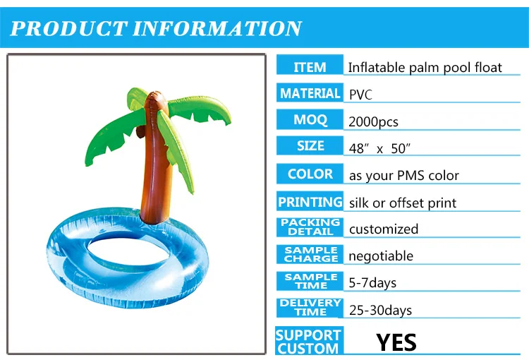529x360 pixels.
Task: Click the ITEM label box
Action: pyautogui.click(x=310, y=66)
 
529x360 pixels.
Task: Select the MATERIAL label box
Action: pyautogui.click(x=310, y=93)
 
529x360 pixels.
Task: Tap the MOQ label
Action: pyautogui.click(x=310, y=120)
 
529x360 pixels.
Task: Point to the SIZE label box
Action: pyautogui.click(x=310, y=146)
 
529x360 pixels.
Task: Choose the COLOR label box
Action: pyautogui.click(x=310, y=174)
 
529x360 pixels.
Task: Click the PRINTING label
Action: pyautogui.click(x=310, y=202)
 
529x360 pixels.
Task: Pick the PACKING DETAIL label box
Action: pyautogui.click(x=310, y=227)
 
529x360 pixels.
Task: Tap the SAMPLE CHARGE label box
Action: pyautogui.click(x=310, y=254)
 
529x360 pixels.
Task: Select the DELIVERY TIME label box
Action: pyautogui.click(x=310, y=308)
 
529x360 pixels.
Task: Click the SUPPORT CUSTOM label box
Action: pyautogui.click(x=308, y=341)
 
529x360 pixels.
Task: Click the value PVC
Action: pyautogui.click(x=362, y=94)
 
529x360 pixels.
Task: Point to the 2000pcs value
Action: pyautogui.click(x=373, y=121)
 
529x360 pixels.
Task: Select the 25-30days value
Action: pyautogui.click(x=380, y=309)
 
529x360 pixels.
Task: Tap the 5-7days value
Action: pyautogui.click(x=372, y=282)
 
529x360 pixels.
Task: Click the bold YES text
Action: pyautogui.click(x=396, y=342)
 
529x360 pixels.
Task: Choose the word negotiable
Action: pyautogui.click(x=381, y=256)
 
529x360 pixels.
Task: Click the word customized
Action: pyautogui.click(x=383, y=229)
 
